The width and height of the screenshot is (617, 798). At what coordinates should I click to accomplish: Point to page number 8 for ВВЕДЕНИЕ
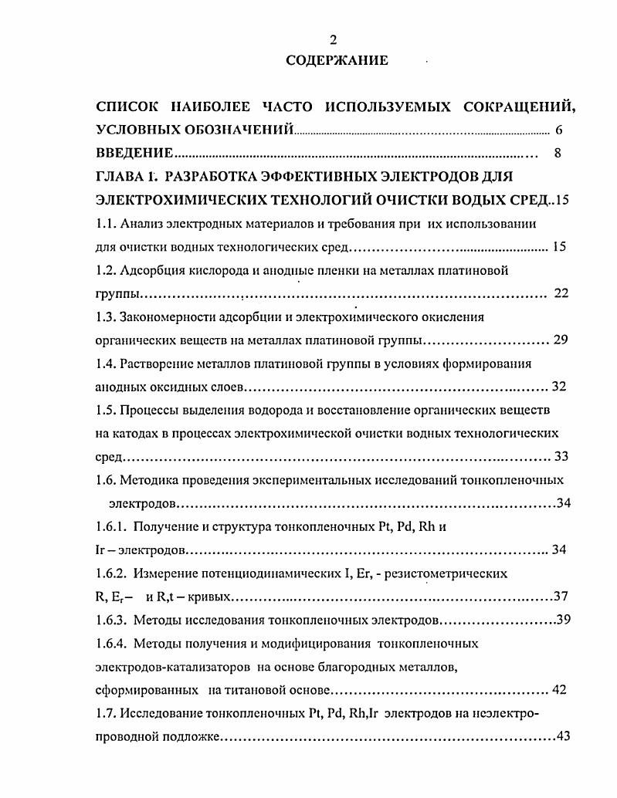558,153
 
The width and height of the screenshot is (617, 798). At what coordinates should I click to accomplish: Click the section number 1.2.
104,270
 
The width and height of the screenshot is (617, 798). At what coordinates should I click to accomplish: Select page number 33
561,455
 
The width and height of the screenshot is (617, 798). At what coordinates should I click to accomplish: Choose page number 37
562,597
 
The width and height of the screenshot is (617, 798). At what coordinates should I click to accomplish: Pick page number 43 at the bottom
562,736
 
